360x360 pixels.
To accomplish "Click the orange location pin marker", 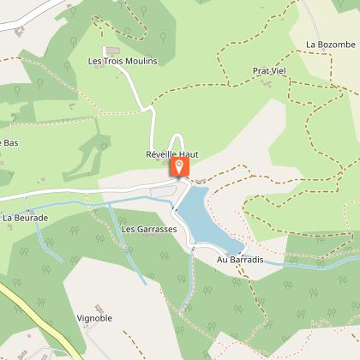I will (180, 167).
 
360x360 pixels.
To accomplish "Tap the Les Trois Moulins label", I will (123, 62).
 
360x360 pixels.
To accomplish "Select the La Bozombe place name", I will (329, 45).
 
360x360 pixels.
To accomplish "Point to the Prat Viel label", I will (267, 71).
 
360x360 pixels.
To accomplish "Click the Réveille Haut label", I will (171, 154).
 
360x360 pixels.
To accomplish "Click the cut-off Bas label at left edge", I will (10, 142).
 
